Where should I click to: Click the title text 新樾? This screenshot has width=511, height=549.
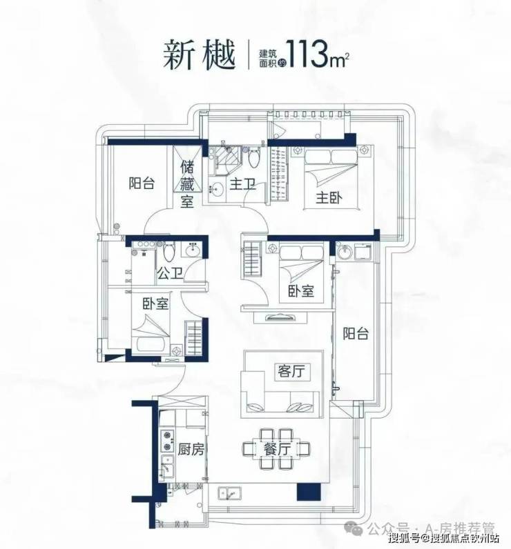point(195,54)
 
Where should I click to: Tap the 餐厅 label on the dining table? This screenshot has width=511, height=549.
point(276,449)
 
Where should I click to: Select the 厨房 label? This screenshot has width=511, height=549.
point(191,450)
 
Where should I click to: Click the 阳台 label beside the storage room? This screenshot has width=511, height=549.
point(141,183)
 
